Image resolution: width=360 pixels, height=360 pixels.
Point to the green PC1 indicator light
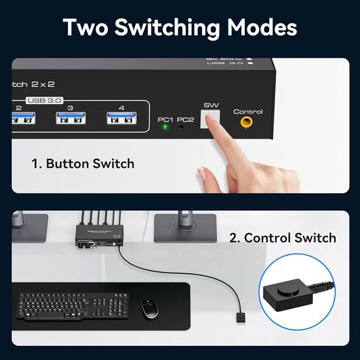tap(164, 127)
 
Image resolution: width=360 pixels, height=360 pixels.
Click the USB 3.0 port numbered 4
tap(122, 119)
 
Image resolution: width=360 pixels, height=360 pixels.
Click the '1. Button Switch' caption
tap(83, 163)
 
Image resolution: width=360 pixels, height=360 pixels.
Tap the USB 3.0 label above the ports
tap(45, 100)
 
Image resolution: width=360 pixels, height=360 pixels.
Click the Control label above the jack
tap(248, 111)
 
